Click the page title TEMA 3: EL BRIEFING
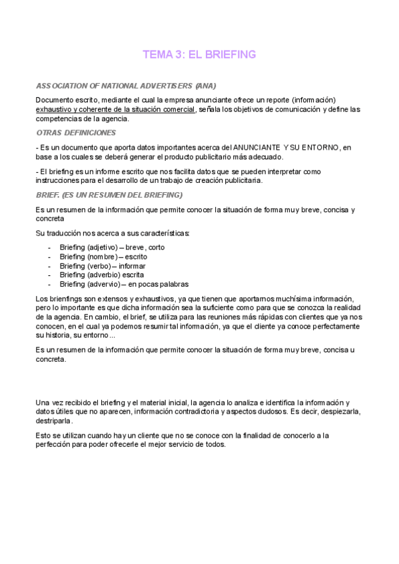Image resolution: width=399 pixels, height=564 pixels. click(x=199, y=55)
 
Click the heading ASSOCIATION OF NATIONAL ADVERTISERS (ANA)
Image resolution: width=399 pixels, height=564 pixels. click(x=126, y=86)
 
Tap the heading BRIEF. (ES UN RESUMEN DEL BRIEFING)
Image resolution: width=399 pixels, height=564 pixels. click(x=109, y=195)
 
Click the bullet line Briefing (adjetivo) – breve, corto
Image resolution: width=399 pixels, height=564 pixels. click(x=112, y=247)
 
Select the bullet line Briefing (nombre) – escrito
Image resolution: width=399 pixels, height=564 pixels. click(x=103, y=256)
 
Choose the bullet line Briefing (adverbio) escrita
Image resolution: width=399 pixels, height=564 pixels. click(x=102, y=274)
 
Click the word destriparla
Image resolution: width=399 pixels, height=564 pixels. click(x=54, y=421)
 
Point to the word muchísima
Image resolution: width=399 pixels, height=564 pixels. click(x=267, y=299)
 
